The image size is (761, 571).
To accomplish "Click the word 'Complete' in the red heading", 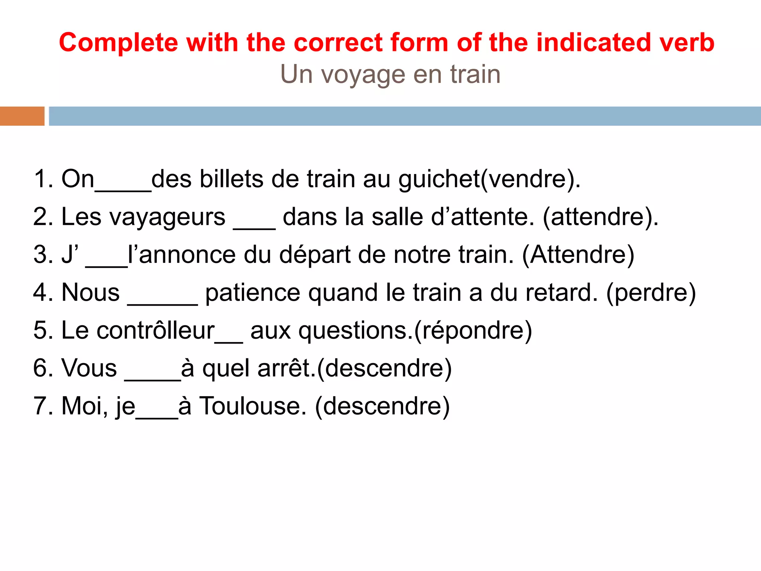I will coord(119,43).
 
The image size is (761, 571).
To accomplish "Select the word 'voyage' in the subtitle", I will coord(363,75).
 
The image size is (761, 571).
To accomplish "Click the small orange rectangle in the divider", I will coord(22,116).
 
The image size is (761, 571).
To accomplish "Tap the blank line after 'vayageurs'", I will coord(254,227).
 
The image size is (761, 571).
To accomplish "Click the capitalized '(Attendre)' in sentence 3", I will coord(578,255).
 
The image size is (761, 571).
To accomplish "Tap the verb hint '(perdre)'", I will coord(651,293).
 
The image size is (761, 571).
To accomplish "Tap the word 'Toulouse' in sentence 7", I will coord(253,406).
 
